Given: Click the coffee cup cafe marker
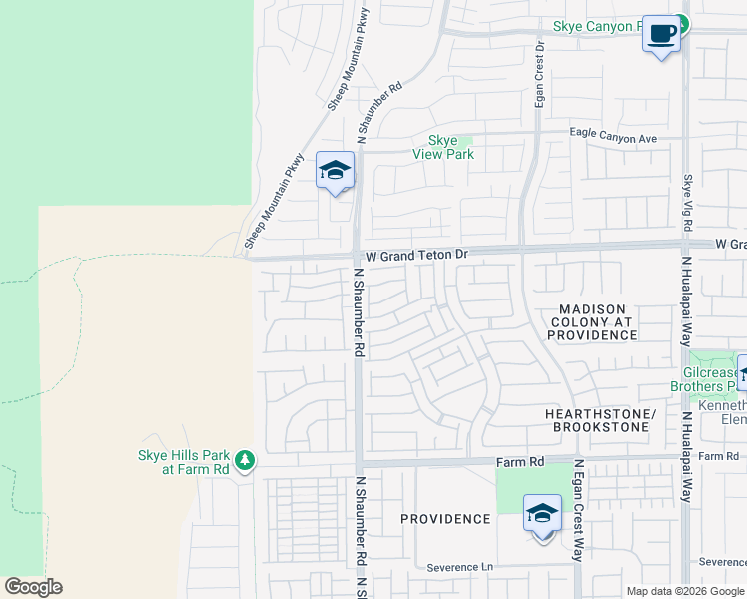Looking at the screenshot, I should point(660,33).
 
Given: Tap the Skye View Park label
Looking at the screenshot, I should point(443,147).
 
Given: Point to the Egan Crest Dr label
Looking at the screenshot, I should point(539,74).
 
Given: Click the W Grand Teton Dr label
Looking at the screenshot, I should point(416,256).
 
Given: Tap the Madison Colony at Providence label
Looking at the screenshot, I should point(591,322).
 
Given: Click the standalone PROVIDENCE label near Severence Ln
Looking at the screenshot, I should point(445,519).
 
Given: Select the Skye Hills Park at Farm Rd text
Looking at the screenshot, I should point(183,462).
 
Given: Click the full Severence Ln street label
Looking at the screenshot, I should point(460,567).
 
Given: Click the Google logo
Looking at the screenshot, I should point(33,587).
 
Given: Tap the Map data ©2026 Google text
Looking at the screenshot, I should point(684,591).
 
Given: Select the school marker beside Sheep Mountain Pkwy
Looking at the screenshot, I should point(336,171).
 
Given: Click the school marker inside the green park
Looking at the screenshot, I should point(542,515).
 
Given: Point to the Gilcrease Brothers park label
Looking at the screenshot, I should point(709,378).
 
